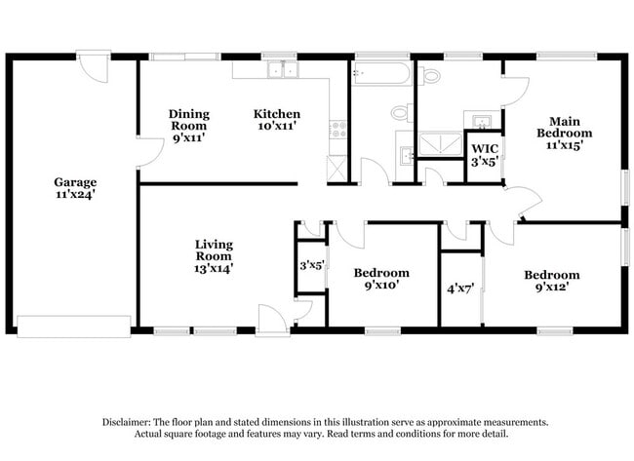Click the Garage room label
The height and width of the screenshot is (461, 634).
point(75,182)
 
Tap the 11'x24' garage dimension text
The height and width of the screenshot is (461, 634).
point(75,194)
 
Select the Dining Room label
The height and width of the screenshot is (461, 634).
point(189,120)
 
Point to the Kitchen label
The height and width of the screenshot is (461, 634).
point(277,114)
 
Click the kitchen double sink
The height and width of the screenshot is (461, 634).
point(283,69)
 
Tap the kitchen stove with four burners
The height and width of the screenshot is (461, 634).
point(338,130)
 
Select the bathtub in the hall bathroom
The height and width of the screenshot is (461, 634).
point(380,73)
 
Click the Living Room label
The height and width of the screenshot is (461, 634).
point(214,250)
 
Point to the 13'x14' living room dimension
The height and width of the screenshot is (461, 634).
point(214,268)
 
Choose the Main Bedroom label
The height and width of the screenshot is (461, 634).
point(564,127)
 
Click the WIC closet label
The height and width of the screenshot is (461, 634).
point(485,149)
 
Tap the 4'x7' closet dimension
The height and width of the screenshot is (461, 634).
point(460,288)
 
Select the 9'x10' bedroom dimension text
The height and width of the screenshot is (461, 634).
point(381,286)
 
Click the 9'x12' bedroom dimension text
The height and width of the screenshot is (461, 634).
point(552,288)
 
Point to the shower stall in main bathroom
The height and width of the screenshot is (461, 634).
point(440,144)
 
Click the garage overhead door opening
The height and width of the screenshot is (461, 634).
point(74,327)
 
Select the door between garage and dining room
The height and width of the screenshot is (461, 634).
point(150,152)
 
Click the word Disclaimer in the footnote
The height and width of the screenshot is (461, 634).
point(127,422)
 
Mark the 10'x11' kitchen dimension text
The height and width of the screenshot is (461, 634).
point(277,126)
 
